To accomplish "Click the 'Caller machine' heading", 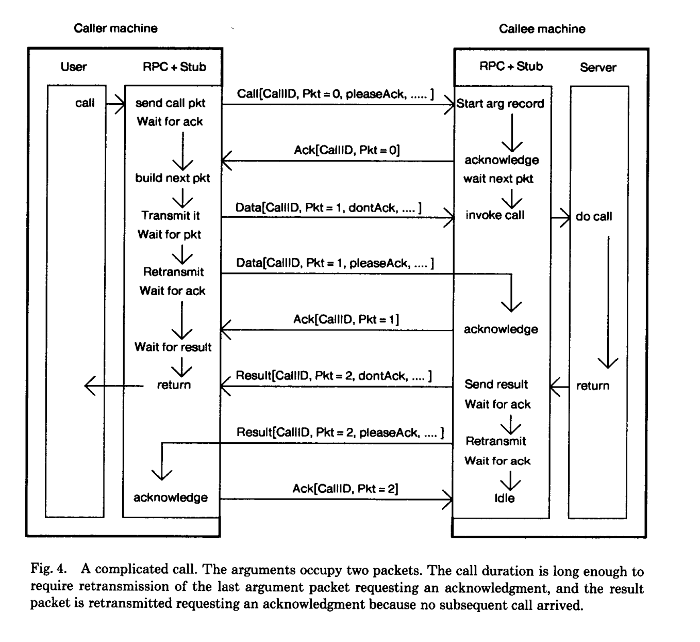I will [115, 28].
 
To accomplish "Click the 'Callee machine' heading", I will [542, 29].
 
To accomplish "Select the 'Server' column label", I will [598, 67].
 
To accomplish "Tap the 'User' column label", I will [74, 67].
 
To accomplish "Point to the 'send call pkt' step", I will [170, 103].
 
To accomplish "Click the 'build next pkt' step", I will [172, 178].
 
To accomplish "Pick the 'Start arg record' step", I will [501, 104].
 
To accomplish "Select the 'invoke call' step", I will [495, 215].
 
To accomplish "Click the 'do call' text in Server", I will [594, 217].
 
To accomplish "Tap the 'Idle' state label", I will [504, 498].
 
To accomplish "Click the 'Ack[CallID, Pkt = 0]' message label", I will [346, 150].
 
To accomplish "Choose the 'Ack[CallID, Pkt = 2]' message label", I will [345, 489].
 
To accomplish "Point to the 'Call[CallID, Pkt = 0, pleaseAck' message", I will [335, 94].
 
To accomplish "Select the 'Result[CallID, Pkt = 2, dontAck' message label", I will [334, 376].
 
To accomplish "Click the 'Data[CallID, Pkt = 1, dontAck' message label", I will [328, 208].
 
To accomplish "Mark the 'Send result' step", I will [496, 384].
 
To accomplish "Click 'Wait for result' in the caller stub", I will [173, 347].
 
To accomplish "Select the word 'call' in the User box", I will [85, 103].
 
